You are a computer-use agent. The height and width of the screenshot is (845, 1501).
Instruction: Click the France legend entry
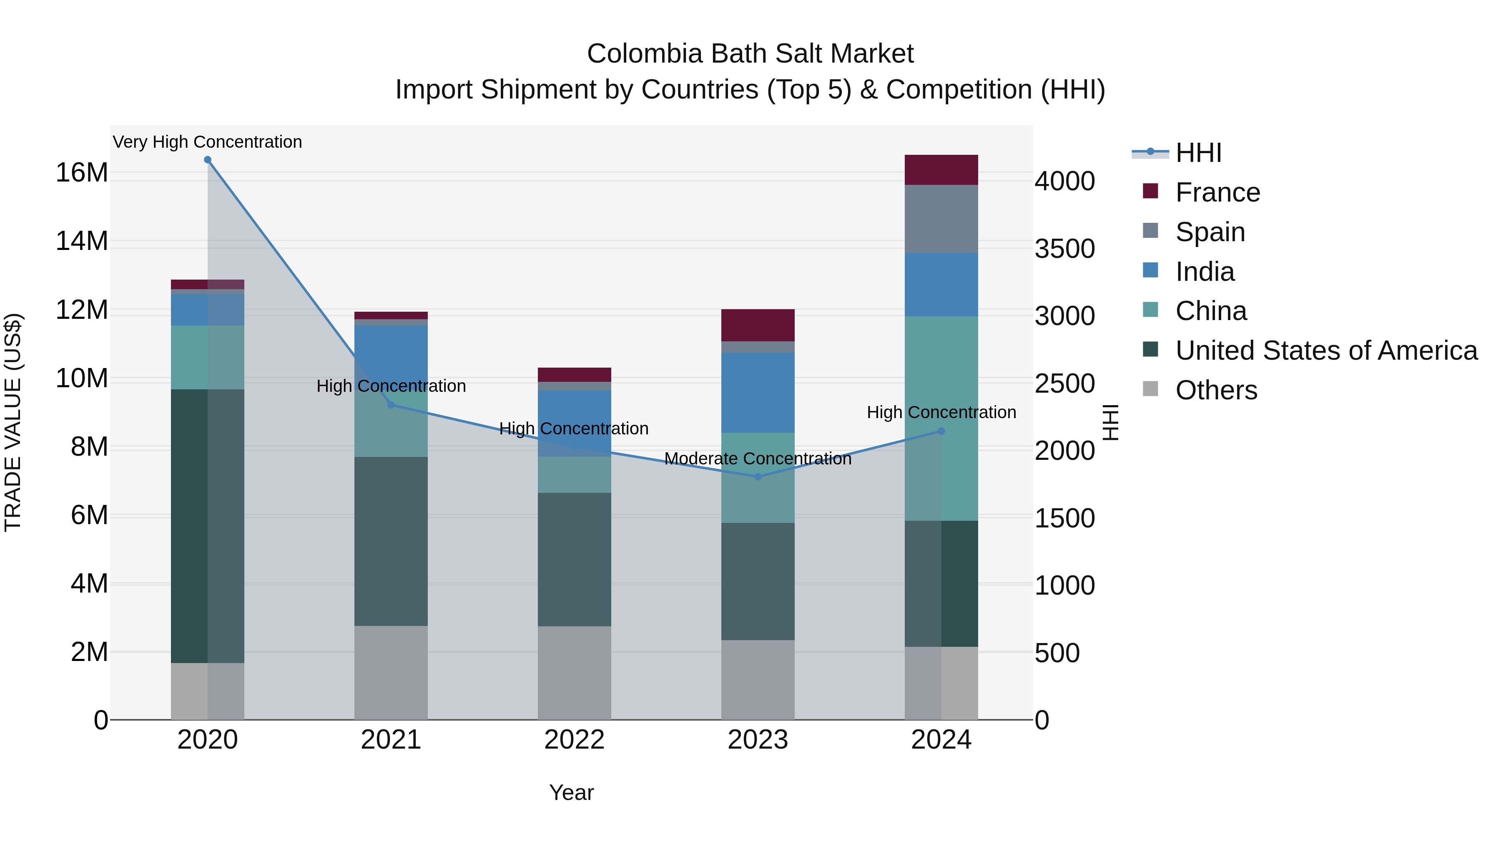[x=1217, y=192]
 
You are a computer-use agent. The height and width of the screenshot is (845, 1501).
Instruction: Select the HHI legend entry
[x=1198, y=153]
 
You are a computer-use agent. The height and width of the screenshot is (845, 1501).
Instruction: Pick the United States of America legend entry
[x=1325, y=351]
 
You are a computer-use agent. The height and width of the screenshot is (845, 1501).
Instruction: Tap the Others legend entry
[x=1215, y=390]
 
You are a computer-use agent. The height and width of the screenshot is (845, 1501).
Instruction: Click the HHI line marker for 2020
[x=208, y=160]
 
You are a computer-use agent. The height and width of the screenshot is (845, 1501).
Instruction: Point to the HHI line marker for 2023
[x=758, y=477]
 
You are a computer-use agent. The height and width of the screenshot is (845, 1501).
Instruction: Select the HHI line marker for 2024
[x=941, y=431]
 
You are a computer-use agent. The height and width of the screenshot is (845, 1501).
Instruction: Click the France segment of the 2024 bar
[x=941, y=170]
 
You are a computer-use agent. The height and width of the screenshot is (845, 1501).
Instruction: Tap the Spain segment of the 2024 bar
[x=941, y=219]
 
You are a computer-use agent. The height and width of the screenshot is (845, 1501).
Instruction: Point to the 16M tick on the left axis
[x=82, y=173]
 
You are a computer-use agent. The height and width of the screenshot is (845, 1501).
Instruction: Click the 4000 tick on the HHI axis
[x=1064, y=182]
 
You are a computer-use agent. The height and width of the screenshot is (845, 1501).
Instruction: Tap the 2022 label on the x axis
[x=574, y=740]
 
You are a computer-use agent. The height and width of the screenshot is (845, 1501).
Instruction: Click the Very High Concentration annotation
[x=208, y=142]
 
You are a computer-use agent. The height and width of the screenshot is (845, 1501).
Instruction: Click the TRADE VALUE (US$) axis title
[x=13, y=422]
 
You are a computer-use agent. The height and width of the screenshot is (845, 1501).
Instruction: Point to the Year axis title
[x=571, y=792]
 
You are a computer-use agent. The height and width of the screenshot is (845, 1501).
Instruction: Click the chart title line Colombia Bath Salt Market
[x=750, y=54]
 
